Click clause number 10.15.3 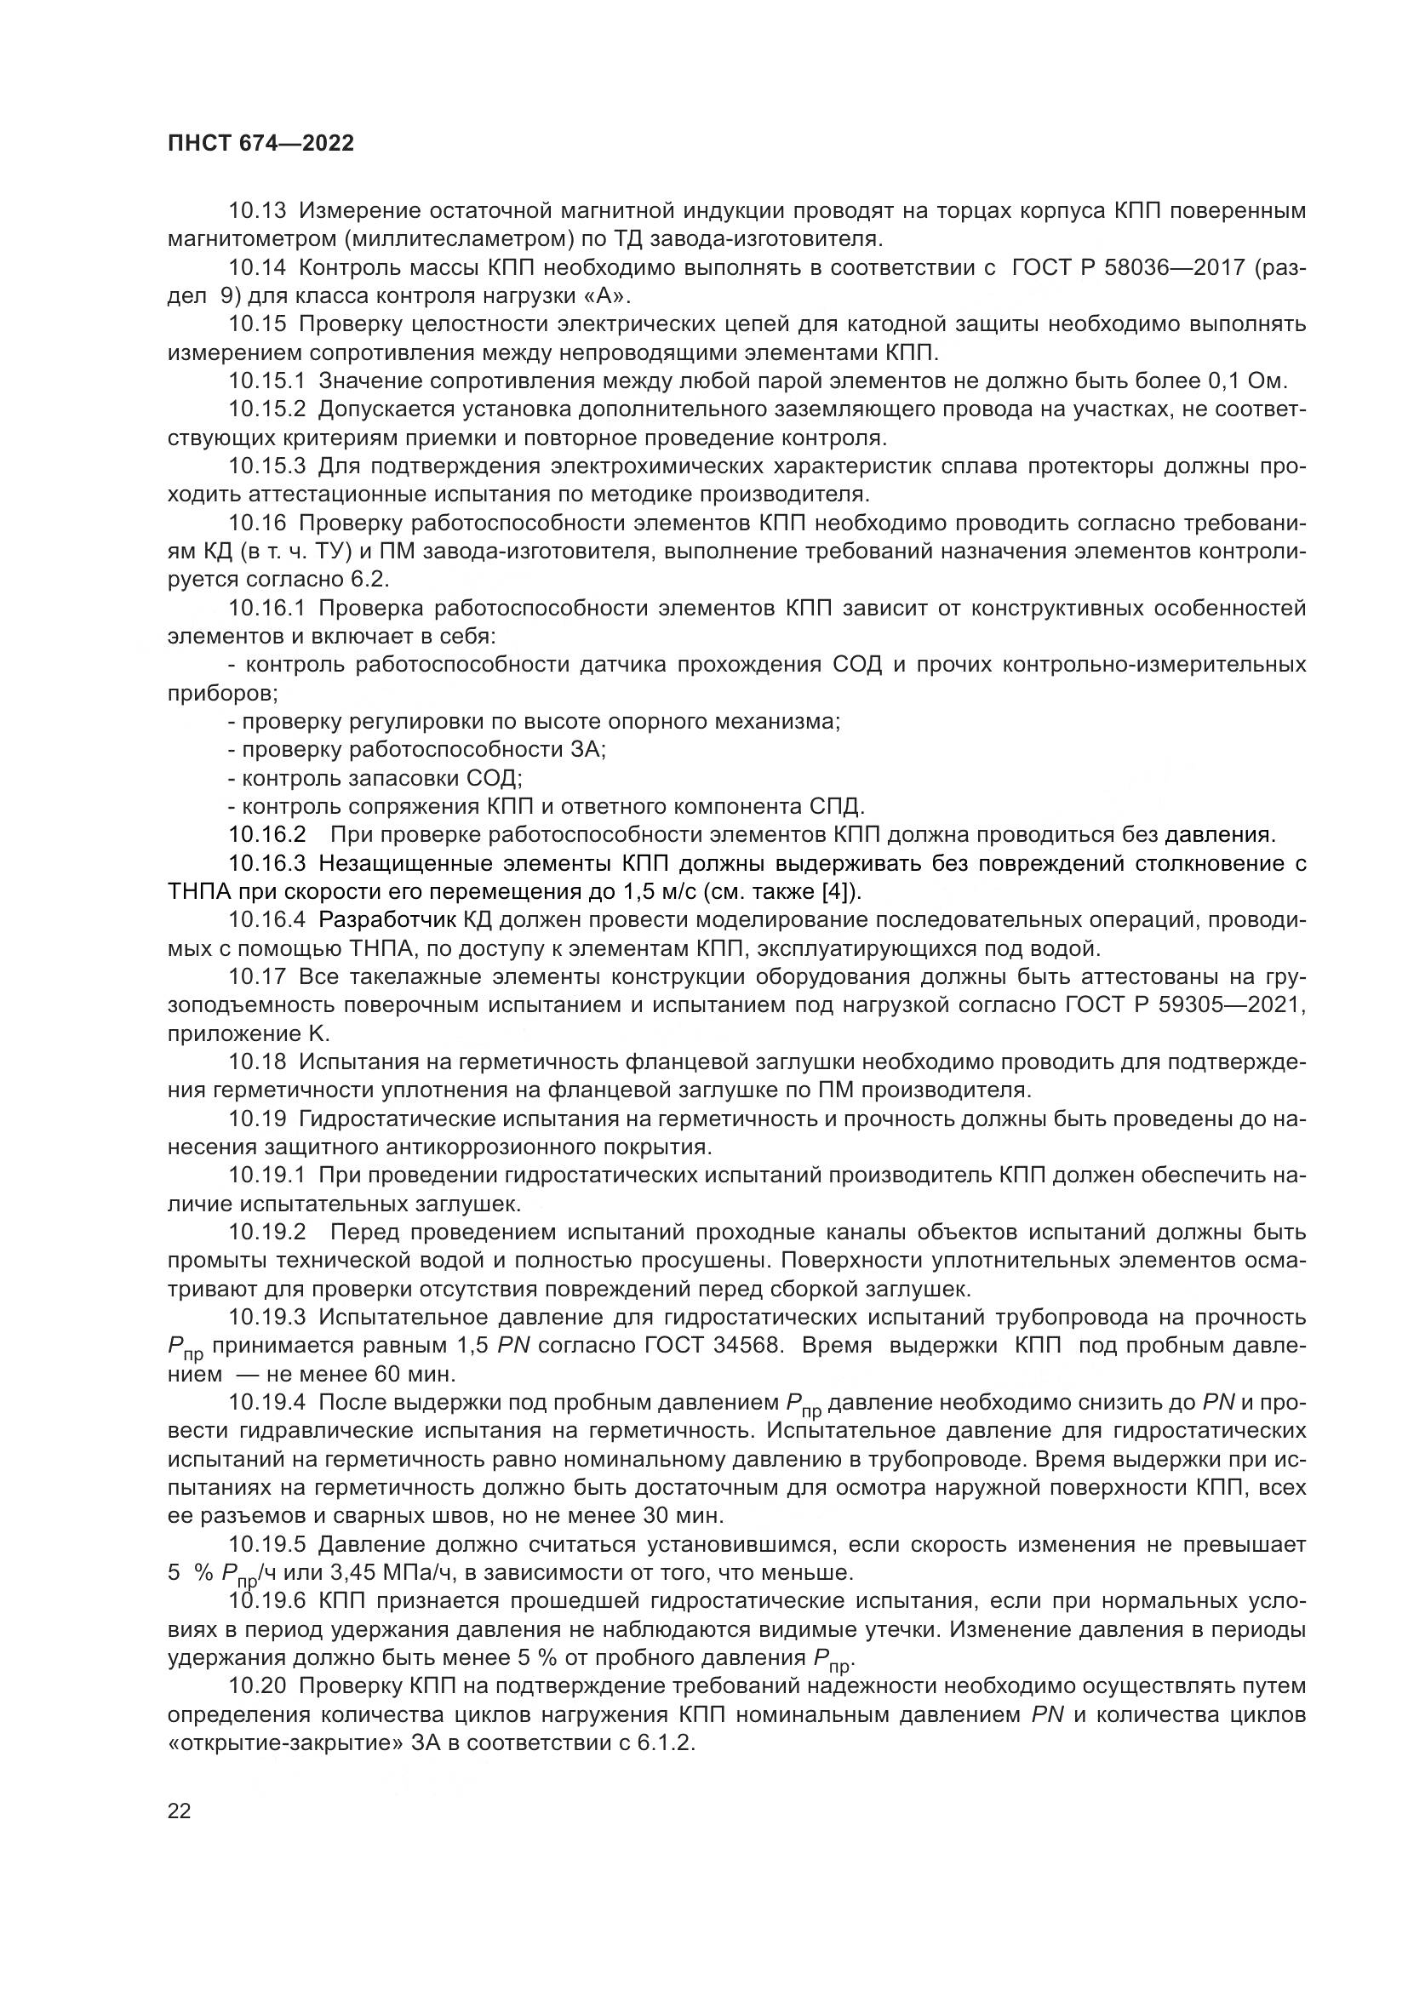coord(267,466)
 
